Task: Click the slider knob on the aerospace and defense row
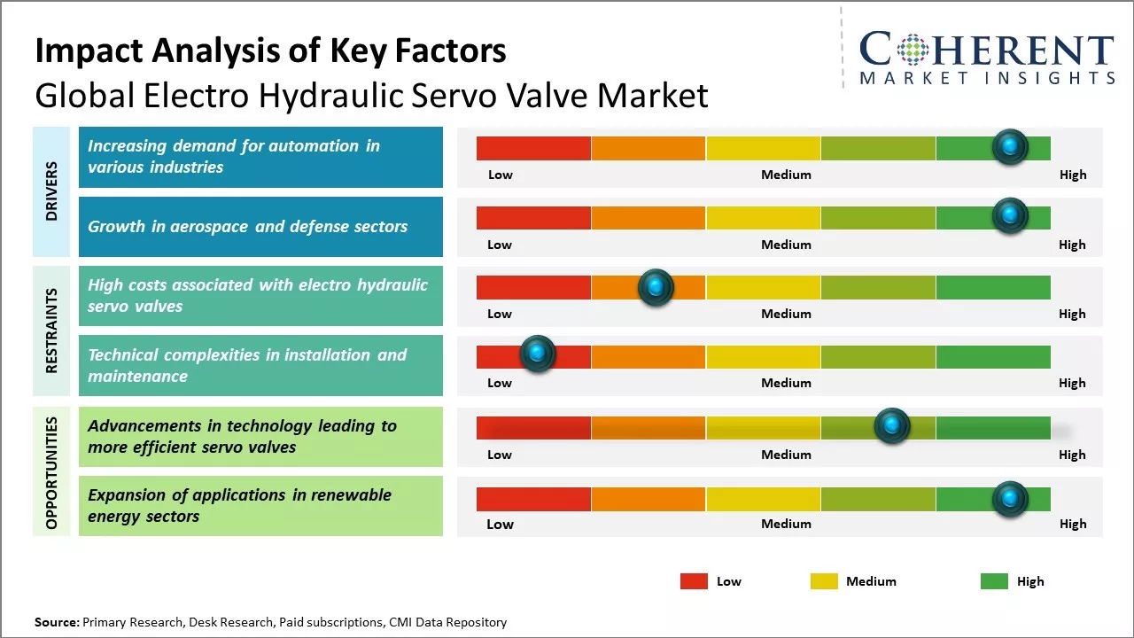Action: (1009, 215)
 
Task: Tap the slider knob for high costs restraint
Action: (656, 287)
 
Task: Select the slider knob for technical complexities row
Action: (537, 354)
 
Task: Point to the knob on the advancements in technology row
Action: (891, 426)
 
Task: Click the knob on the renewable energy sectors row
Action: (1009, 500)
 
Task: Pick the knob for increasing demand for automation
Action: (1009, 147)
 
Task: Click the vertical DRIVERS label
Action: (51, 191)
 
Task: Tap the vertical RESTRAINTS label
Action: (51, 331)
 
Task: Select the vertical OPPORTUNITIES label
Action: (51, 472)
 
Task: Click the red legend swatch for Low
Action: (694, 581)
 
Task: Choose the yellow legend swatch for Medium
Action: (824, 581)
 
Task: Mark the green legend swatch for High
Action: (994, 581)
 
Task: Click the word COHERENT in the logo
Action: (987, 51)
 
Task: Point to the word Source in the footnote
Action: (56, 622)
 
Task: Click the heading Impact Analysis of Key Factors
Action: (270, 51)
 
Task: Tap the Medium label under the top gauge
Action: (786, 175)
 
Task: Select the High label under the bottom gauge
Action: (1072, 524)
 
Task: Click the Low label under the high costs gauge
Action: (500, 314)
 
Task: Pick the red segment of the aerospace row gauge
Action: (533, 217)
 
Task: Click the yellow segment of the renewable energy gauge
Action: (763, 499)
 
